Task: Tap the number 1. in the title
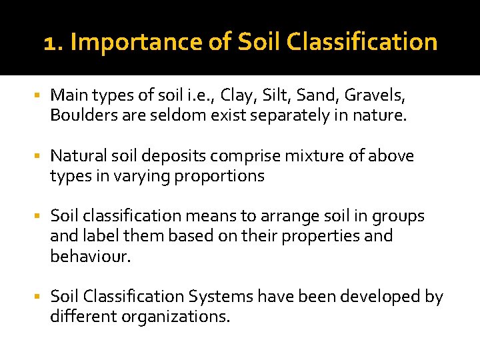tap(53, 43)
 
